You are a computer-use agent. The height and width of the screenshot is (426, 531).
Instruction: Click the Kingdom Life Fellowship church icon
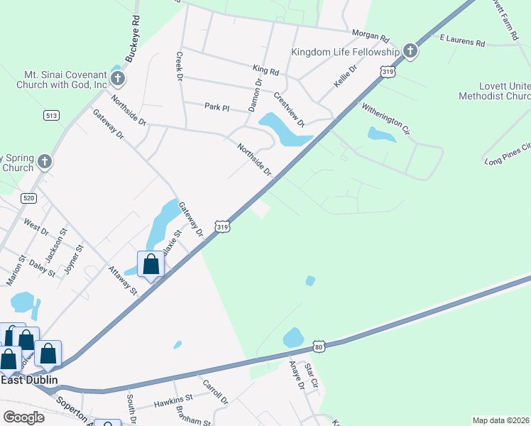[x=410, y=51]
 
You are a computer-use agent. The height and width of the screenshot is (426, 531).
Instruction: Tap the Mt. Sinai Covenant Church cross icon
[x=117, y=77]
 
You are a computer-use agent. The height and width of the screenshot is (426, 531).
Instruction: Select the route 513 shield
[x=51, y=116]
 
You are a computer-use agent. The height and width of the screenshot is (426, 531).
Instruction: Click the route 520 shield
[x=28, y=198]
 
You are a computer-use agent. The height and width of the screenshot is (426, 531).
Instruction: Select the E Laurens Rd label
[x=461, y=40]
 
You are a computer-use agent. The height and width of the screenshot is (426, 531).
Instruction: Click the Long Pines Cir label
[x=508, y=155]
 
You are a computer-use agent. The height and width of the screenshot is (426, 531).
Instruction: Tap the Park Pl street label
[x=217, y=107]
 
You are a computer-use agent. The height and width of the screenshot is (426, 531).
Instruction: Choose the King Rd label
[x=266, y=72]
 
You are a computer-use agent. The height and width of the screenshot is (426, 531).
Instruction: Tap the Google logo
[x=23, y=417]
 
